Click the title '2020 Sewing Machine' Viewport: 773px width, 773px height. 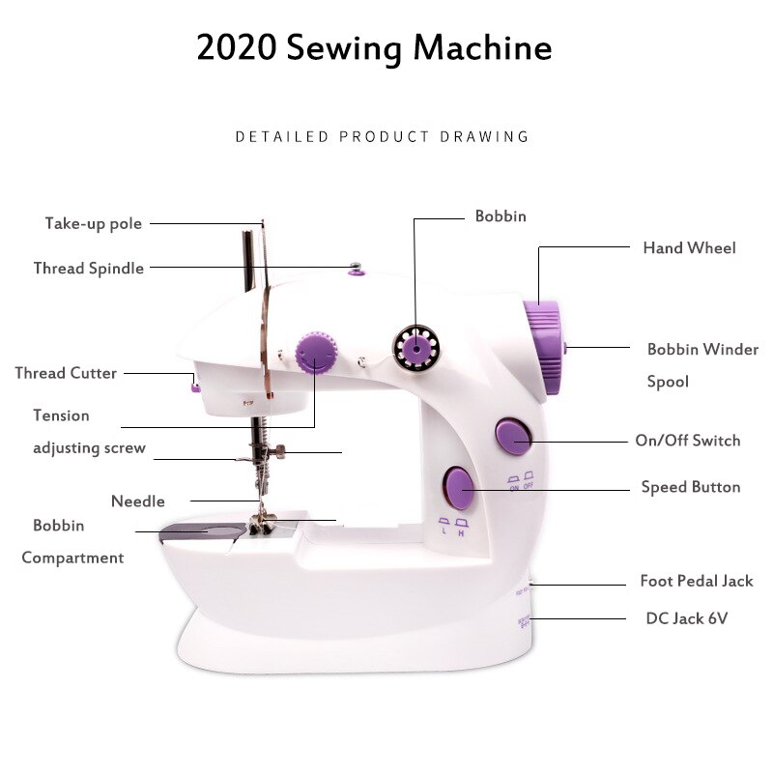click(374, 47)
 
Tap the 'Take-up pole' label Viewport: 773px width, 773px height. click(94, 223)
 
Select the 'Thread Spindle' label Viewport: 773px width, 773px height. click(89, 268)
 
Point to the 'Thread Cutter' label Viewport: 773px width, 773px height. click(66, 373)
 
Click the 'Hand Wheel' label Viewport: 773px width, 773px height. click(689, 248)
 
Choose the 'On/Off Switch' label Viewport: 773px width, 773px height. click(687, 441)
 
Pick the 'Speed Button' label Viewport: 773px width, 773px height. click(691, 487)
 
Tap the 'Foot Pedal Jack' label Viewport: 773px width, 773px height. click(696, 581)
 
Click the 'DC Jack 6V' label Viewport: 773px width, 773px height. click(686, 618)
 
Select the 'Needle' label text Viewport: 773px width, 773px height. click(138, 501)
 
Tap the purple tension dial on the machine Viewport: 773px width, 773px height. click(313, 353)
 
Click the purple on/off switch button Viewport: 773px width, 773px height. click(512, 437)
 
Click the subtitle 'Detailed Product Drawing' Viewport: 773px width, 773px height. click(382, 136)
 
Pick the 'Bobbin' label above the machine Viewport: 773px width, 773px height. click(501, 216)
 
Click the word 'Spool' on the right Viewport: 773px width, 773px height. click(668, 382)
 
